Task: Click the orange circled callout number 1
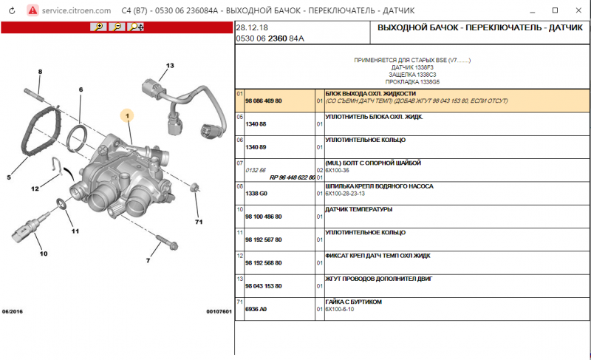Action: [127, 115]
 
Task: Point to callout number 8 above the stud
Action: [40, 72]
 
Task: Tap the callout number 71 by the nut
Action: [198, 221]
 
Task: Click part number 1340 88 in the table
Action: [256, 123]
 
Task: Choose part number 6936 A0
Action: [256, 310]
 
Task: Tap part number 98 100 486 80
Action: [264, 216]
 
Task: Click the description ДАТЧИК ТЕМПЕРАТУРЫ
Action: [358, 209]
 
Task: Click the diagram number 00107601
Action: [219, 311]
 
